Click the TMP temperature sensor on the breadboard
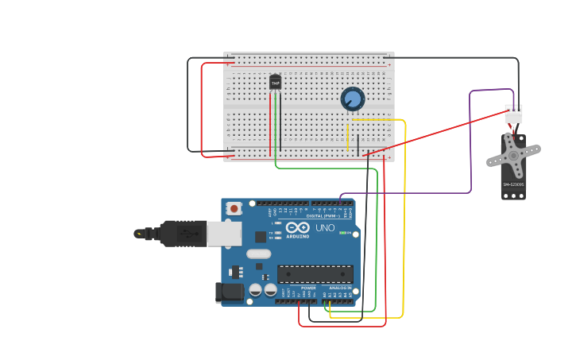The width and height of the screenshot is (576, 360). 276,82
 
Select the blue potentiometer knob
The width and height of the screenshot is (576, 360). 353,99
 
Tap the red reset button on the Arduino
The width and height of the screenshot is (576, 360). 234,208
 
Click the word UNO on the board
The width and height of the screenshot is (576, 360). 325,228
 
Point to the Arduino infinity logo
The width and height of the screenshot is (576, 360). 298,228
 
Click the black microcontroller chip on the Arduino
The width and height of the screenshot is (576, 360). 315,274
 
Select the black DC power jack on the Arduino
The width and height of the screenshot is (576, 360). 230,292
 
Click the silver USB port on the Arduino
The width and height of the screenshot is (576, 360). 224,233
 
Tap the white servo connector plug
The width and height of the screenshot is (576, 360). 513,115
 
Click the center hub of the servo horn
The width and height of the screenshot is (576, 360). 513,155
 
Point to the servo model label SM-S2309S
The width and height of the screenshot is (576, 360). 513,184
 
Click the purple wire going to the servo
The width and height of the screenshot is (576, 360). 470,143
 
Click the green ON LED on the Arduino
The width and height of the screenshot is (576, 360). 343,233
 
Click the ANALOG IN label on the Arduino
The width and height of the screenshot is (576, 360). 340,288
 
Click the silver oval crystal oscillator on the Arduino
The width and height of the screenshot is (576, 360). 258,254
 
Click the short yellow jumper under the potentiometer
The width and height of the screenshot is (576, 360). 348,137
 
